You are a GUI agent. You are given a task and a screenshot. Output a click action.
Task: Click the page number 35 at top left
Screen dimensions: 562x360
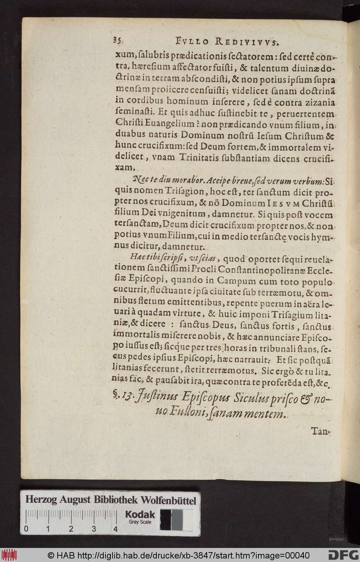click(117, 41)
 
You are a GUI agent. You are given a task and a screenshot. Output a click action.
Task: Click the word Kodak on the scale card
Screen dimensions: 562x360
click(140, 515)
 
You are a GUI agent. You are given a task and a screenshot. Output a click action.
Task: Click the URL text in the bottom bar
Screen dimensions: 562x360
click(179, 555)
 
